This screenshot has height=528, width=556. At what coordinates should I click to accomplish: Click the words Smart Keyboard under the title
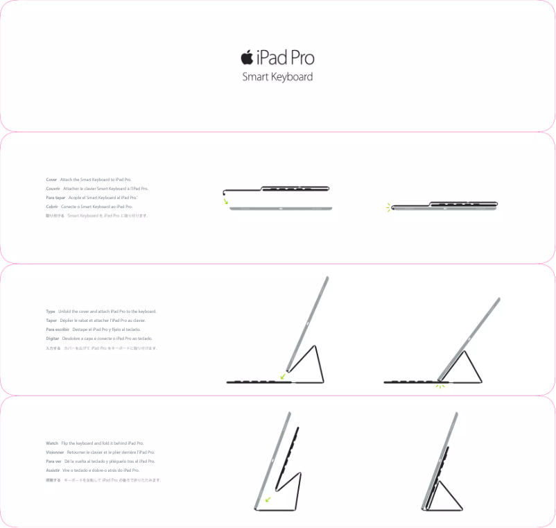pos(277,77)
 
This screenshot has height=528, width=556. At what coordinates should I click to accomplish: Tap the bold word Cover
pos(51,180)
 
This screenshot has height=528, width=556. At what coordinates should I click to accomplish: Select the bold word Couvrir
pos(53,189)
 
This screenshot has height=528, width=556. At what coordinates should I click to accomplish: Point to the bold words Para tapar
pos(55,198)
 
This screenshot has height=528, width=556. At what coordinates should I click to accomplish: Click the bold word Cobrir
pos(52,207)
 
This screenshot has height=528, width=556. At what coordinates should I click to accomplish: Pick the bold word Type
pos(51,312)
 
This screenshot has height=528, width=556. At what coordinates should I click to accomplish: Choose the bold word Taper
pos(51,321)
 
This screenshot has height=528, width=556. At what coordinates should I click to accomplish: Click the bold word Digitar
pos(53,339)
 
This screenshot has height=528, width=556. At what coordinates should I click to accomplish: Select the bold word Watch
pos(52,443)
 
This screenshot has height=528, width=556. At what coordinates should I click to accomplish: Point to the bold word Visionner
pos(55,452)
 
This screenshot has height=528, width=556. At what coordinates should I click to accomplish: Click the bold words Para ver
pos(53,461)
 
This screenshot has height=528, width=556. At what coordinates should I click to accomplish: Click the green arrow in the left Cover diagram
pos(226,201)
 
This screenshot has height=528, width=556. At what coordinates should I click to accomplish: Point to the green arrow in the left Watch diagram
pos(268,498)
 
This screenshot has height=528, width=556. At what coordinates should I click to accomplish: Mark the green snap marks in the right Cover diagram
pos(389,207)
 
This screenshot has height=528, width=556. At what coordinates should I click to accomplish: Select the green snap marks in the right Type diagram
pos(439,386)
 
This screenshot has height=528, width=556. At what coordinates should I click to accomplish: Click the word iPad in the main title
pos(271,58)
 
